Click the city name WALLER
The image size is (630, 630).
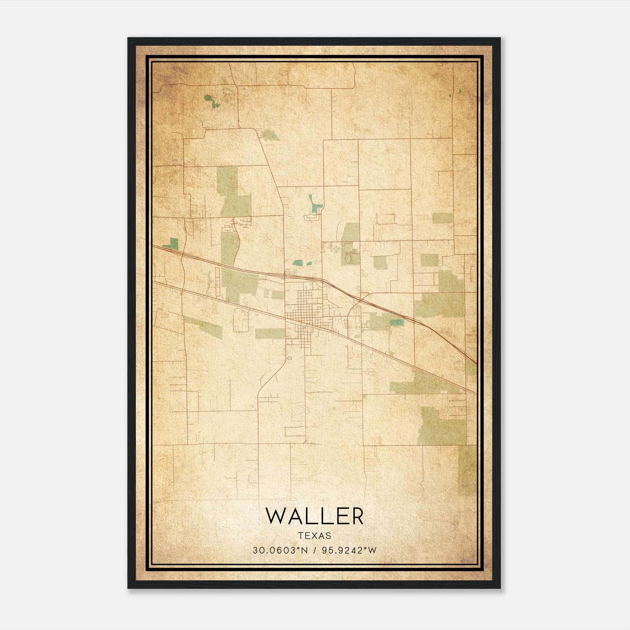pos(315,516)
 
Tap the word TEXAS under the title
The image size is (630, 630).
pos(315,536)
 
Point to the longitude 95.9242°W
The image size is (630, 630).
pos(349,550)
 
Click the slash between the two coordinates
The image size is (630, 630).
pos(315,550)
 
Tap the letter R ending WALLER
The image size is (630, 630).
pos(357,516)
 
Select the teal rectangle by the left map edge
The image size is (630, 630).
pos(173,243)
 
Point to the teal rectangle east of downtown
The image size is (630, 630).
pos(397,323)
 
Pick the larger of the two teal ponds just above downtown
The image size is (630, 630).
pos(298,263)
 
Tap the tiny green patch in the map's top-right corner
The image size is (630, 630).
pos(460,91)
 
